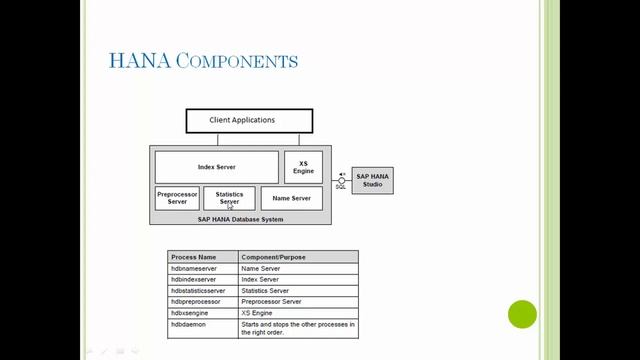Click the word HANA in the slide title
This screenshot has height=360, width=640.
pyautogui.click(x=138, y=61)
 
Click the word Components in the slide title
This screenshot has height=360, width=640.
pyautogui.click(x=236, y=62)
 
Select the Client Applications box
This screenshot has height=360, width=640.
pyautogui.click(x=249, y=121)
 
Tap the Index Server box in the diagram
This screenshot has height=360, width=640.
pyautogui.click(x=217, y=167)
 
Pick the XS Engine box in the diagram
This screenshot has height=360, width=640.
pyautogui.click(x=303, y=167)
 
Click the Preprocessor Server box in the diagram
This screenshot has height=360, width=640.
pyautogui.click(x=177, y=198)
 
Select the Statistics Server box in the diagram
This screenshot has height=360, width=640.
pyautogui.click(x=229, y=198)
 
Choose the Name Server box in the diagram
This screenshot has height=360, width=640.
pyautogui.click(x=291, y=198)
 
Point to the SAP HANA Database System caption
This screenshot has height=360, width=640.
pyautogui.click(x=240, y=218)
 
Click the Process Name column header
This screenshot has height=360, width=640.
pyautogui.click(x=194, y=257)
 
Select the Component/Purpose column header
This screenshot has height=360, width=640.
pyautogui.click(x=273, y=257)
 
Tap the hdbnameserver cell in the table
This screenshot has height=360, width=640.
pyautogui.click(x=194, y=268)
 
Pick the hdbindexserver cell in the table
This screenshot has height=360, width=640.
pyautogui.click(x=194, y=279)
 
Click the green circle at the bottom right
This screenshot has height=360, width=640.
pyautogui.click(x=522, y=315)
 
